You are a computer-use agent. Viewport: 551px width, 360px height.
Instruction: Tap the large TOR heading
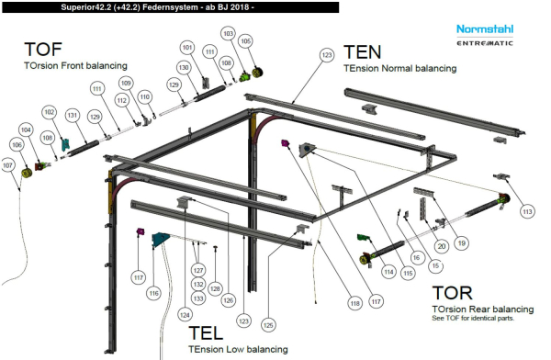[x=453, y=293]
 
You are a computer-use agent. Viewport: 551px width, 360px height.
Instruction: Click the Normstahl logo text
[x=485, y=29]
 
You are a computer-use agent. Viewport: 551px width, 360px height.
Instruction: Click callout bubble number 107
[x=9, y=165]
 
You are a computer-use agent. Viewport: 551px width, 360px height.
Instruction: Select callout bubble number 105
[x=245, y=41]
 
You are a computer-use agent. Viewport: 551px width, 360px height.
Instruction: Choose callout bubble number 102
[x=49, y=111]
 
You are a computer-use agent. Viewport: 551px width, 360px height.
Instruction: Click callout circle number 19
[x=462, y=242]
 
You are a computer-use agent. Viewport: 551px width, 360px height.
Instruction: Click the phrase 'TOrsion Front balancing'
[x=75, y=65]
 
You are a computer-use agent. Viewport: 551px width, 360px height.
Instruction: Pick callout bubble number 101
[x=187, y=47]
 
